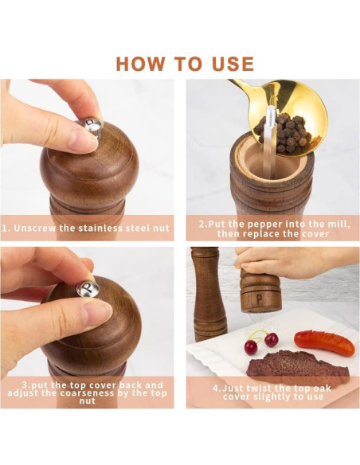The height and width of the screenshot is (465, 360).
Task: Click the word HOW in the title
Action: click(x=140, y=64)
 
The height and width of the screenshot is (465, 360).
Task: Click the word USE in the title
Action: click(x=233, y=64)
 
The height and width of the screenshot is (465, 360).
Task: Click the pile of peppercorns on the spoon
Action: click(x=285, y=131)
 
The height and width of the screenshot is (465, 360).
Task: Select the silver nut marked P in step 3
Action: click(x=88, y=288)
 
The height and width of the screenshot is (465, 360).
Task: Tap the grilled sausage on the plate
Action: click(x=324, y=342)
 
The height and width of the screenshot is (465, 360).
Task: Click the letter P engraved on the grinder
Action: click(x=259, y=299)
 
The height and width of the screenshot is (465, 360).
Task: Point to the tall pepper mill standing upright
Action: click(x=208, y=294)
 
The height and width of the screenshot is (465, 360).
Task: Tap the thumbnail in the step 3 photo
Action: click(x=97, y=309)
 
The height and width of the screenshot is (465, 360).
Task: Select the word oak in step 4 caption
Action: click(x=320, y=389)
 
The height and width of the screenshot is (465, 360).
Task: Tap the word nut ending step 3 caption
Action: click(x=87, y=401)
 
